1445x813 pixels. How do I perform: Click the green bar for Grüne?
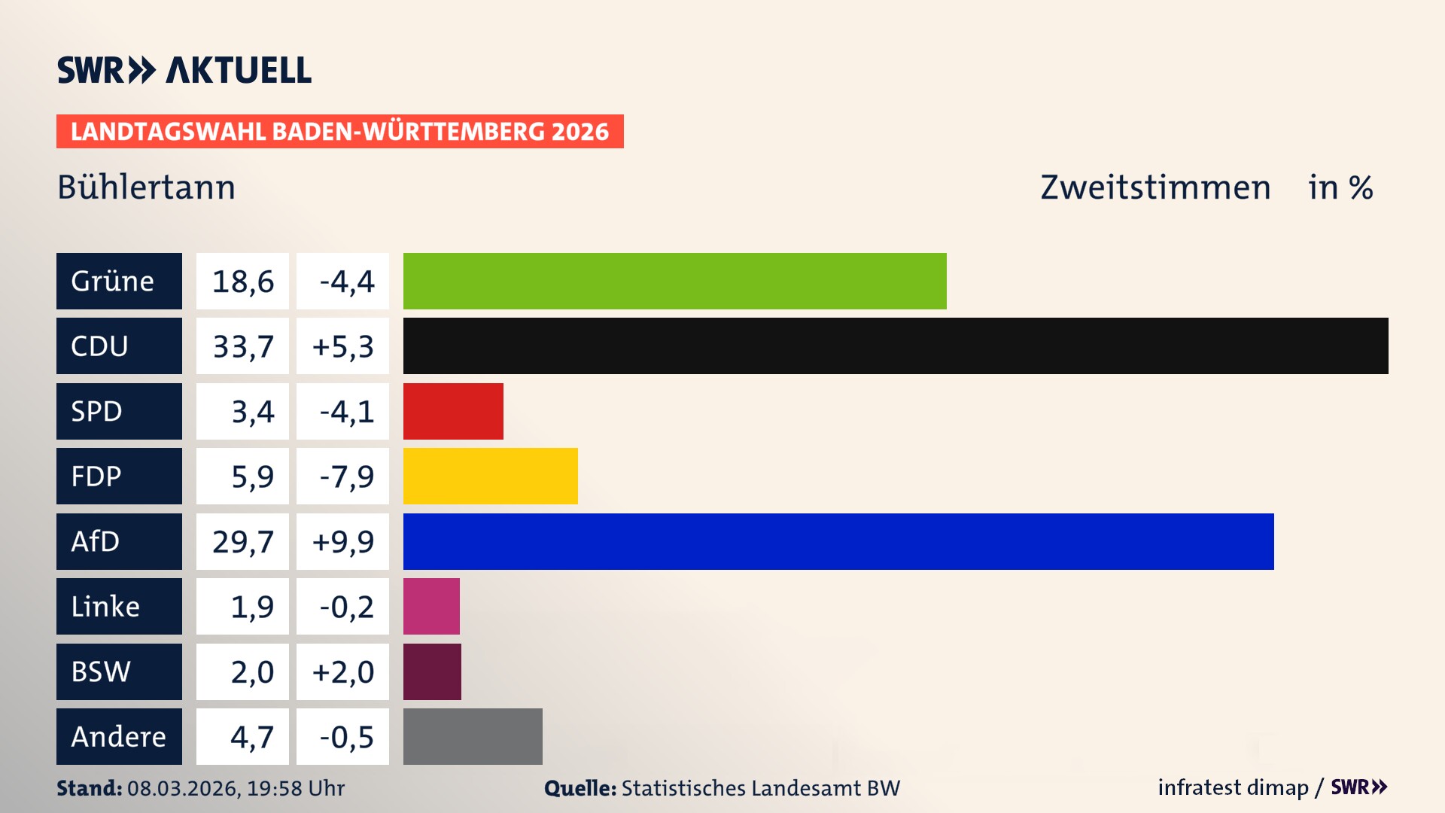click(x=674, y=281)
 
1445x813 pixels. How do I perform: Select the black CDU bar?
click(x=896, y=346)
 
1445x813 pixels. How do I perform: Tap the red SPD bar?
click(x=453, y=411)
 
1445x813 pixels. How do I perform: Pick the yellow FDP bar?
click(x=490, y=476)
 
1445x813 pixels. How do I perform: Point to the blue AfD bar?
click(x=838, y=541)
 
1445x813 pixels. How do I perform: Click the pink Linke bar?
click(x=431, y=606)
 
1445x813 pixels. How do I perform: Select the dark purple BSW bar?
click(x=432, y=671)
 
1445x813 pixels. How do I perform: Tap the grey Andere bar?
click(x=473, y=736)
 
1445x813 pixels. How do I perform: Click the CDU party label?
click(x=119, y=346)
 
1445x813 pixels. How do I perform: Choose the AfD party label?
click(x=119, y=541)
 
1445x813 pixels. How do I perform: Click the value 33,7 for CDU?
click(x=242, y=346)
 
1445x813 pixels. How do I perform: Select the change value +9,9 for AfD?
click(x=342, y=541)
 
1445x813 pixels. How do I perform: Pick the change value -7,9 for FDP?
click(x=342, y=477)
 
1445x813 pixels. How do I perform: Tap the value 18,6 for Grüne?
click(x=242, y=282)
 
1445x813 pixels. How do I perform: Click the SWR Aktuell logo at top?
click(x=184, y=70)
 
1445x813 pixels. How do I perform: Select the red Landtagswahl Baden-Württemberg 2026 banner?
click(x=339, y=132)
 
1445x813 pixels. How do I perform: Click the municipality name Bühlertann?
click(x=146, y=187)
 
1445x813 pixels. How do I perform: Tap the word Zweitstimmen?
click(x=1155, y=187)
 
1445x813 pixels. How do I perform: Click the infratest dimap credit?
click(x=1233, y=787)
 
